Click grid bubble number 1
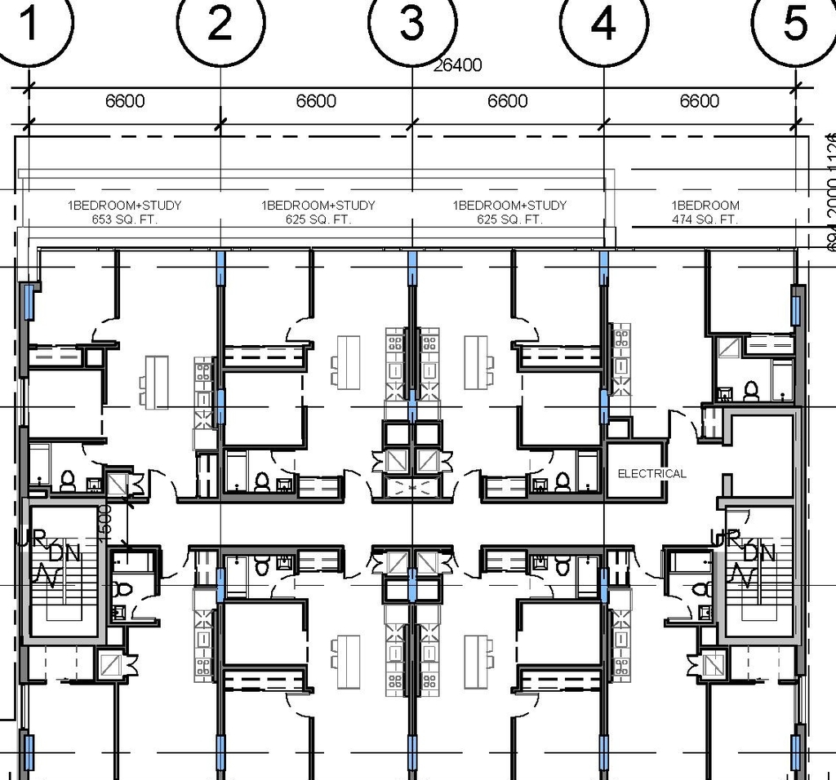[x=29, y=24]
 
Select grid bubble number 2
[x=220, y=24]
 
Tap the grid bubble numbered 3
[x=412, y=24]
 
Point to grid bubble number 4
[x=603, y=24]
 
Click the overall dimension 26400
[x=457, y=65]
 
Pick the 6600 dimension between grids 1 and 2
[x=125, y=101]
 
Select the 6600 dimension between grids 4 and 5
[x=700, y=101]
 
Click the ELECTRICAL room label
[x=651, y=473]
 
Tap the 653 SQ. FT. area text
[x=125, y=219]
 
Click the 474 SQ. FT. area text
[x=705, y=219]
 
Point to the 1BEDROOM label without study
[x=705, y=206]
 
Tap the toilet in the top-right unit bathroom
[x=750, y=392]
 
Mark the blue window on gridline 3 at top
[x=412, y=268]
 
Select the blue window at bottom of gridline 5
[x=796, y=751]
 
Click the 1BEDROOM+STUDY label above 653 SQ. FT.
[x=125, y=206]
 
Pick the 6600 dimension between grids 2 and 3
[x=316, y=101]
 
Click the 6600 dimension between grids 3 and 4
[x=508, y=101]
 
